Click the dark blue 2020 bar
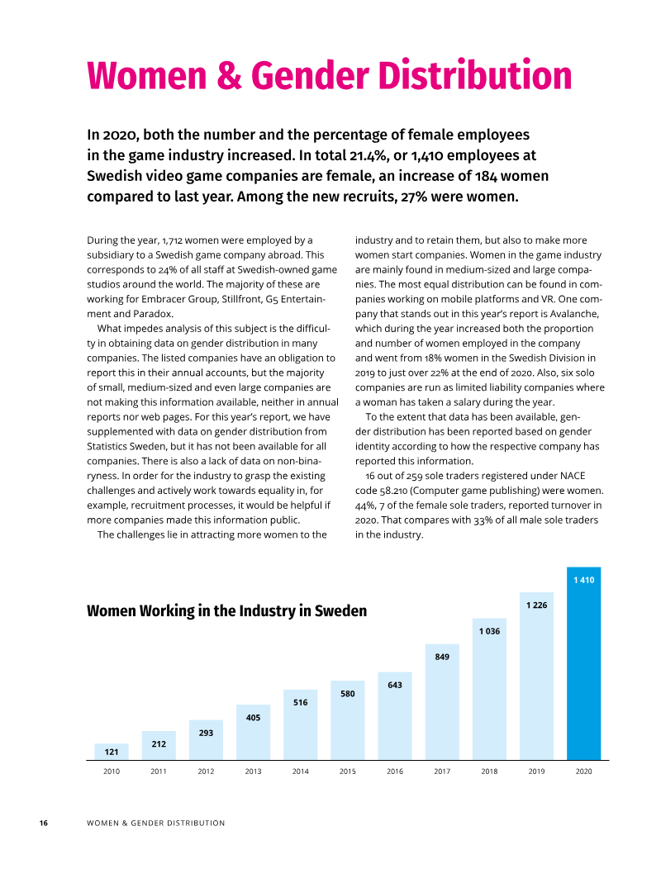[583, 662]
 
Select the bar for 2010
[112, 752]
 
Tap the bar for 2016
[395, 715]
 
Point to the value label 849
[442, 657]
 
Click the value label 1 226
[536, 605]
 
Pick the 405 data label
[253, 718]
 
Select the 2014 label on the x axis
[301, 771]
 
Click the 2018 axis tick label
[489, 771]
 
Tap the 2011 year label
[159, 771]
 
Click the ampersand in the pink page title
[229, 75]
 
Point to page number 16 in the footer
[44, 823]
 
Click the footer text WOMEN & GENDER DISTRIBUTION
[156, 823]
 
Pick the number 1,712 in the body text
[172, 240]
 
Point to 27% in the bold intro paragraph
[413, 197]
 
